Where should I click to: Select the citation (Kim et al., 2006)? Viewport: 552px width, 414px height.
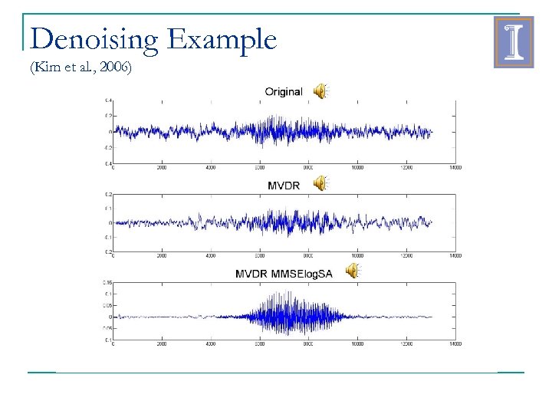click(80, 68)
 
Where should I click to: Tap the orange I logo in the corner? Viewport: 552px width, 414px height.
click(514, 43)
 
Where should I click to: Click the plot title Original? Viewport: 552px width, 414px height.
click(283, 91)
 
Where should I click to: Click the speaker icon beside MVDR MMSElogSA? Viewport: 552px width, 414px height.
click(352, 271)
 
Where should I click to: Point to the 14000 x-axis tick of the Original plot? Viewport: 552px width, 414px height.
click(455, 167)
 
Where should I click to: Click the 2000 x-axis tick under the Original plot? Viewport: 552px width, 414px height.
click(162, 167)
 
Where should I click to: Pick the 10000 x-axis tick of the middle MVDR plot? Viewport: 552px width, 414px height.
click(357, 255)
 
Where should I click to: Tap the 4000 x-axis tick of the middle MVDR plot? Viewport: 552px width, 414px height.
click(211, 255)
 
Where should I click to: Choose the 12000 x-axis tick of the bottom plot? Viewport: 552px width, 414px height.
click(406, 344)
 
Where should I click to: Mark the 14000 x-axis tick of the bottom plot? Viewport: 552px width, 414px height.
click(455, 344)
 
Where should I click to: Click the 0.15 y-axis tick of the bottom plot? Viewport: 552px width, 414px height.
click(108, 283)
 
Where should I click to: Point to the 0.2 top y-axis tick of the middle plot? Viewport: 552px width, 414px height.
click(109, 195)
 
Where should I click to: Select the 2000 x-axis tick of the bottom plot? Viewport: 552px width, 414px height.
click(162, 344)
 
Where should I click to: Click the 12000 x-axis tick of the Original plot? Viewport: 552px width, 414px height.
click(406, 167)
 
